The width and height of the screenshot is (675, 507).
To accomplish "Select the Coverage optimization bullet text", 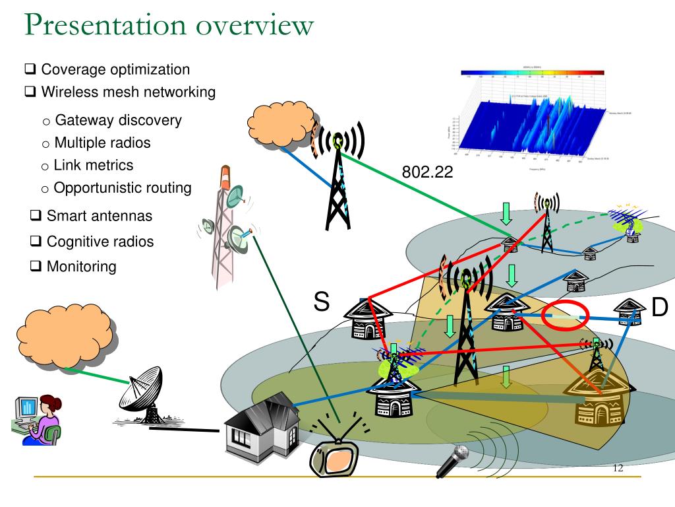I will pyautogui.click(x=115, y=69).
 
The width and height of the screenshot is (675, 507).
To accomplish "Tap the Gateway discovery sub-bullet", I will pyautogui.click(x=118, y=120).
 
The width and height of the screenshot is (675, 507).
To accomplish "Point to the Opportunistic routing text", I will pyautogui.click(x=123, y=187).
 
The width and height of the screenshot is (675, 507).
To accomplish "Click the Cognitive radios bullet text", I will pyautogui.click(x=100, y=242).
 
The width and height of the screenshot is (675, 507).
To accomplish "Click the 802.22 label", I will pyautogui.click(x=428, y=172).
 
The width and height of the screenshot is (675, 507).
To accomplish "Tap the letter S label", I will pyautogui.click(x=321, y=302).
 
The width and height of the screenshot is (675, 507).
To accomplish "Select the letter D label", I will pyautogui.click(x=659, y=307).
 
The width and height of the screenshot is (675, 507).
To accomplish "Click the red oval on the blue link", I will pyautogui.click(x=564, y=316).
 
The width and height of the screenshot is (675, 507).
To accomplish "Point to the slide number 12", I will pyautogui.click(x=618, y=468).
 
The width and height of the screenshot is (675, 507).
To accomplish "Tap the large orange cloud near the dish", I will pyautogui.click(x=65, y=338).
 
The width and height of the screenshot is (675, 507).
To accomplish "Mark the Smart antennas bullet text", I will pyautogui.click(x=100, y=216).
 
